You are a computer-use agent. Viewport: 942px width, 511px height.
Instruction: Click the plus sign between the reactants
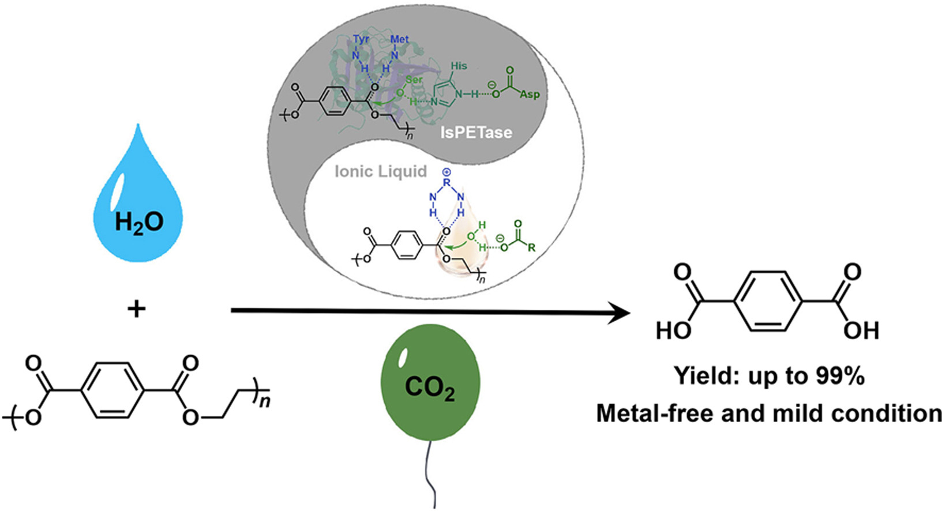[137, 310]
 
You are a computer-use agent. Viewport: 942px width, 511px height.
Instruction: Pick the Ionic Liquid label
[381, 171]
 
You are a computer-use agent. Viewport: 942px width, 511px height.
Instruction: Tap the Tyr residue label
[362, 40]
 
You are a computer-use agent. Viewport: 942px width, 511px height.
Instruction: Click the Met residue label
[400, 39]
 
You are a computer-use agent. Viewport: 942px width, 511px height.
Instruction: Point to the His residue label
[459, 66]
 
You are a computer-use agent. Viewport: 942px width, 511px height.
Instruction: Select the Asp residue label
[530, 94]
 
